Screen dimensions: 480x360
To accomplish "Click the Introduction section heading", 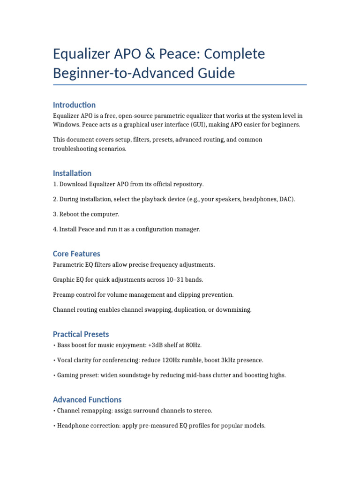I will [74, 105].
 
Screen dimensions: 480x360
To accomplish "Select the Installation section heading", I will [72, 173].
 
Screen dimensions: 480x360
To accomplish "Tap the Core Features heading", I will [76, 254].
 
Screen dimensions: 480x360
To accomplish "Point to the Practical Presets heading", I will [81, 334].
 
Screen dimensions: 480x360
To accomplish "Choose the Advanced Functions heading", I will [87, 399].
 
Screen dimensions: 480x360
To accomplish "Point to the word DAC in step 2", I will [285, 199].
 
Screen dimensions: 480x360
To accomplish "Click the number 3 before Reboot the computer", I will [54, 214].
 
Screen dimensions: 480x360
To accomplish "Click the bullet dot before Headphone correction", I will [54, 426].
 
